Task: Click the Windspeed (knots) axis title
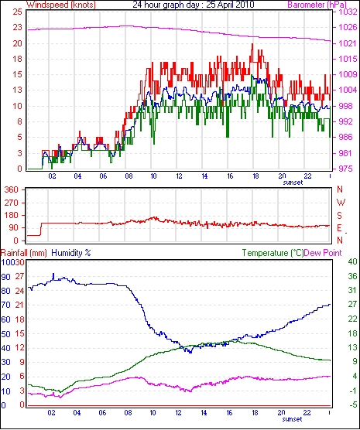pyautogui.click(x=61, y=5)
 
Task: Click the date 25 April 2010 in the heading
pyautogui.click(x=230, y=5)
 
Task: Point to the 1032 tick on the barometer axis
pyautogui.click(x=348, y=12)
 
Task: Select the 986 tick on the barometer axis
pyautogui.click(x=345, y=137)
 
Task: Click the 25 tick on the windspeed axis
pyautogui.click(x=17, y=12)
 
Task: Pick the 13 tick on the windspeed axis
pyautogui.click(x=17, y=90)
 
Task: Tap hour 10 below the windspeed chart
pyautogui.click(x=153, y=176)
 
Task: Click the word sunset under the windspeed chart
pyautogui.click(x=293, y=183)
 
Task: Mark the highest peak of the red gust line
pyautogui.click(x=252, y=44)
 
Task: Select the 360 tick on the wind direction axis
pyautogui.click(x=12, y=189)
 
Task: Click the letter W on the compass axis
pyautogui.click(x=341, y=203)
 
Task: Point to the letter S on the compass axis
pyautogui.click(x=340, y=216)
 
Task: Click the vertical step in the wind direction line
pyautogui.click(x=41, y=229)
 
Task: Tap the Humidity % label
pyautogui.click(x=71, y=253)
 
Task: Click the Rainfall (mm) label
pyautogui.click(x=24, y=253)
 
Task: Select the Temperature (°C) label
pyautogui.click(x=273, y=253)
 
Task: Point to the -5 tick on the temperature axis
pyautogui.click(x=352, y=404)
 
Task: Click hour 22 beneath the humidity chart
pyautogui.click(x=307, y=413)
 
